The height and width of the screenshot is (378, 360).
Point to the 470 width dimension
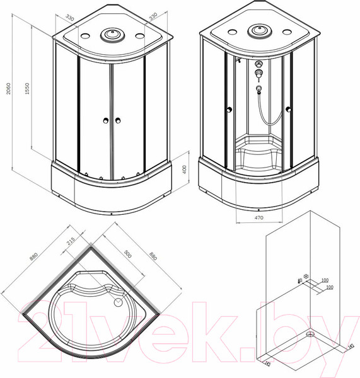[x=258, y=217]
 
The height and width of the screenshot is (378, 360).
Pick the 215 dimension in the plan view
[x=71, y=241]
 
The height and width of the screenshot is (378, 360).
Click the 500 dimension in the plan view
[x=127, y=254]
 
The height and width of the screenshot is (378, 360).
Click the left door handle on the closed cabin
[x=102, y=120]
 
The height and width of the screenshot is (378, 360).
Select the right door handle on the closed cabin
[x=117, y=120]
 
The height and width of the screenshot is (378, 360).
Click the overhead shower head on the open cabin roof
[x=259, y=30]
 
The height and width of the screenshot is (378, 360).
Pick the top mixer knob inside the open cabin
[x=258, y=65]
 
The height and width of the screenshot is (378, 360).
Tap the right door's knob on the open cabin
[x=288, y=111]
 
